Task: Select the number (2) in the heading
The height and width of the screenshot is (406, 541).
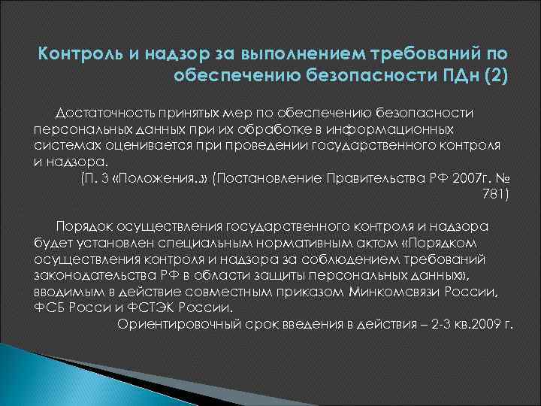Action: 493,76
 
